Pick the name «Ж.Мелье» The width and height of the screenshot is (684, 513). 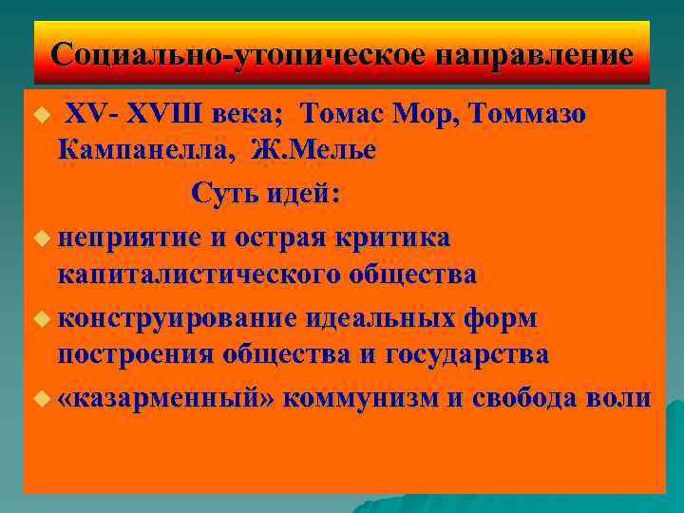[x=313, y=148]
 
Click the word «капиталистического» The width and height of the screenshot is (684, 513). [x=199, y=275]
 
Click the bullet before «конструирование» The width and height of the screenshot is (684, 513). [x=39, y=318]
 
